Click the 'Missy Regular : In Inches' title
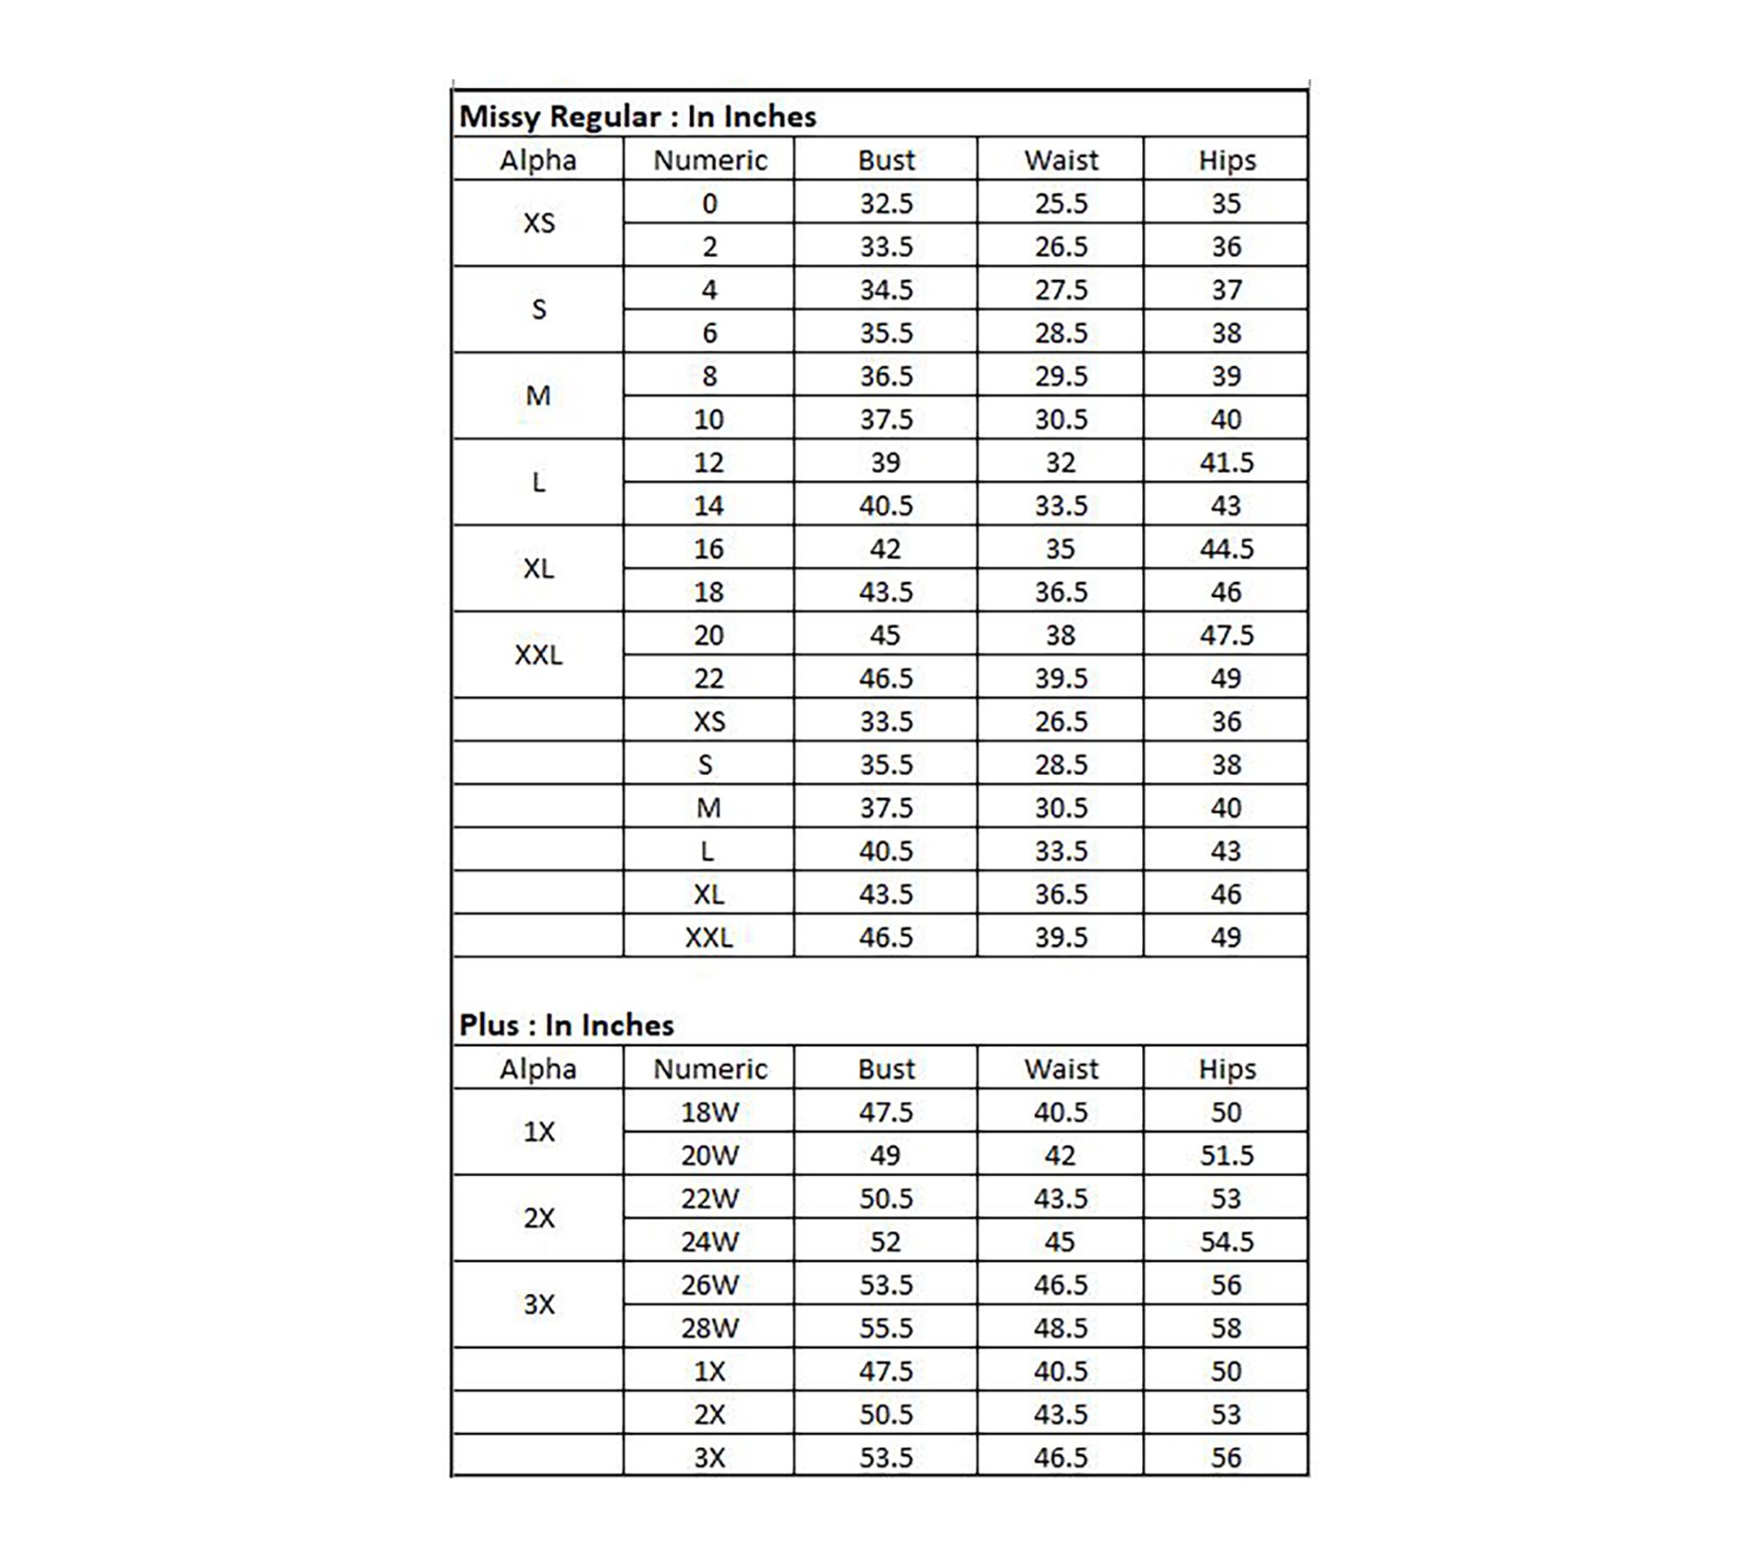(637, 116)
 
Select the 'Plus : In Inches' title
(566, 1025)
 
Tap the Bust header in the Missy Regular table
(886, 160)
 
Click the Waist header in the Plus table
(1061, 1068)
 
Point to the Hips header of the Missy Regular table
(1227, 160)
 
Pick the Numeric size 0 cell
(710, 203)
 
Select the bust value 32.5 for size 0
(886, 203)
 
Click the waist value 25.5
(1061, 203)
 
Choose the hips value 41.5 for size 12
(1227, 462)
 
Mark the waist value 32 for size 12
(1060, 462)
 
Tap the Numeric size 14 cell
(709, 506)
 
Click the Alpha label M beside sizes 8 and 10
(538, 396)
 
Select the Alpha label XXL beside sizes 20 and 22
(538, 655)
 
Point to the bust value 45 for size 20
(885, 635)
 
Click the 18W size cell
(710, 1112)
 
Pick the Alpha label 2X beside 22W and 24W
(539, 1218)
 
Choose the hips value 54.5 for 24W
(1227, 1242)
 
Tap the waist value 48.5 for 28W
(1061, 1328)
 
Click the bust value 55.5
(886, 1328)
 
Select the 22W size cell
(710, 1199)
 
